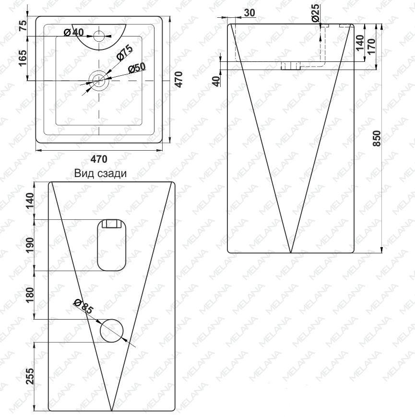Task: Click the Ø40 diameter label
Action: point(73,33)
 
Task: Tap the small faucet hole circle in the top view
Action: point(99,36)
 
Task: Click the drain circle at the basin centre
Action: point(99,80)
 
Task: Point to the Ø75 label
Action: point(124,53)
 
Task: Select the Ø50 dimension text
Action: point(137,68)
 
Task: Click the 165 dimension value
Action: point(23,58)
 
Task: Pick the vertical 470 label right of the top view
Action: point(178,79)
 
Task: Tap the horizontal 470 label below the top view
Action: point(99,159)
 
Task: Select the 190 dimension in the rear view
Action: point(30,246)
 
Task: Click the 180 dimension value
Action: point(30,295)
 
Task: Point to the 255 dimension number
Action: point(30,376)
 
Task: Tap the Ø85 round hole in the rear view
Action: point(112,331)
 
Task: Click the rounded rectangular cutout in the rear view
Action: point(112,245)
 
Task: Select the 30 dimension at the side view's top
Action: point(249,12)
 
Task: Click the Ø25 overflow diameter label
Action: point(316,13)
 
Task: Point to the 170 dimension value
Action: point(371,47)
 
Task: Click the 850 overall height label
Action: point(377,138)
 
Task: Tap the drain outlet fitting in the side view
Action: point(291,66)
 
